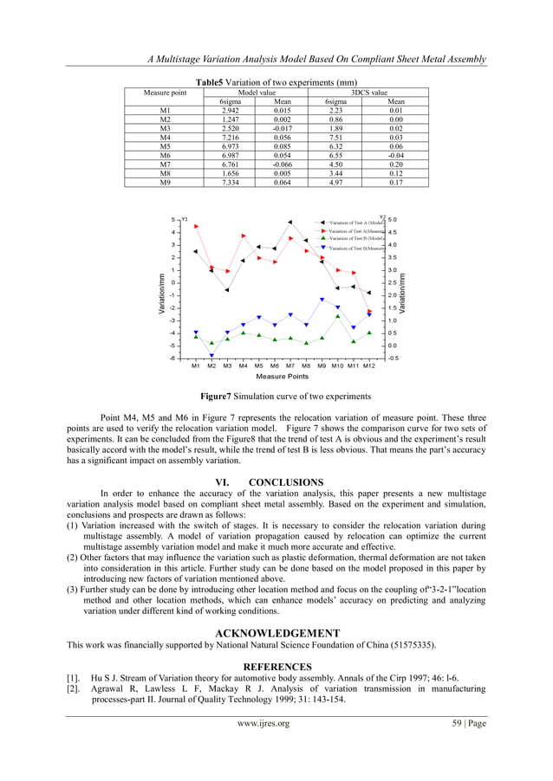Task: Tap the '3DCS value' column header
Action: [x=368, y=92]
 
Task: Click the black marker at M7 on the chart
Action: [x=290, y=223]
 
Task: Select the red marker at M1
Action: [x=196, y=226]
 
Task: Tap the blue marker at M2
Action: [x=211, y=356]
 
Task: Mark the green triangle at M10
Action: [x=338, y=316]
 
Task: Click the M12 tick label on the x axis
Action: [x=369, y=366]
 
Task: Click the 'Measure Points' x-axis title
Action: [x=282, y=377]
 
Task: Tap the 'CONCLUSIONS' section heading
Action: [x=285, y=482]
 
